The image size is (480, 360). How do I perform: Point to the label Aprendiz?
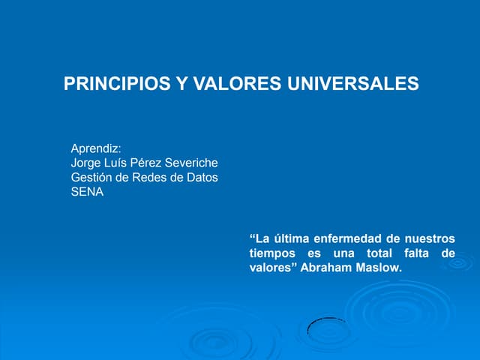(96, 148)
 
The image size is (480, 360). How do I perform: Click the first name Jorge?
(85, 163)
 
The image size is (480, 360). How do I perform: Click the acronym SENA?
(87, 191)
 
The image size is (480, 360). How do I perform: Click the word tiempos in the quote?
(272, 253)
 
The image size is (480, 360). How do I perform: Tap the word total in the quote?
(385, 253)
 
